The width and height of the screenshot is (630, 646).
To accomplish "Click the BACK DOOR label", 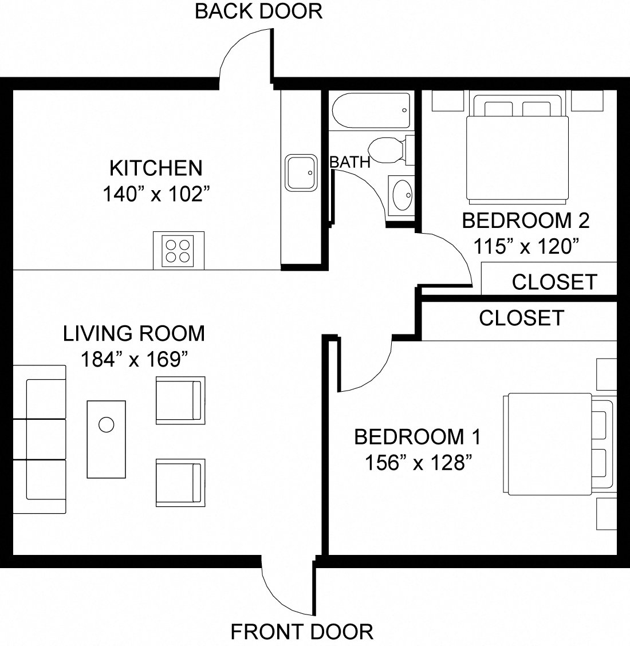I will pos(258,11).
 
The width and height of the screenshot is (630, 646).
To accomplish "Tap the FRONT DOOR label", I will pos(302,632).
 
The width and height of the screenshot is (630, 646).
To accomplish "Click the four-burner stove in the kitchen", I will pos(178,251).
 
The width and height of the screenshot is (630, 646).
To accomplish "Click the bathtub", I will pos(371,111).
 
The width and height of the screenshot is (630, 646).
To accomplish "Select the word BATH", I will pos(350,163).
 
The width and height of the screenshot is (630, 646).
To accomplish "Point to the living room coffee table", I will pos(106,439).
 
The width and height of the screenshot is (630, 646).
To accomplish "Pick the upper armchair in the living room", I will pos(180,400).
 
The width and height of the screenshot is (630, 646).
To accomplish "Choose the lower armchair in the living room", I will pos(180,482).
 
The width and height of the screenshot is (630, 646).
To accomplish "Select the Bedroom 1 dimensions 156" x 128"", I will pos(418,462).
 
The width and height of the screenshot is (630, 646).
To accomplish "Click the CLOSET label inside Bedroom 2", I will pos(554,282).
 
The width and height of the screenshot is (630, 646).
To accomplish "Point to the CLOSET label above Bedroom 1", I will pos(521,318).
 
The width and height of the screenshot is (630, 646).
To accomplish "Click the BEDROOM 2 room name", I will pos(526,220).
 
